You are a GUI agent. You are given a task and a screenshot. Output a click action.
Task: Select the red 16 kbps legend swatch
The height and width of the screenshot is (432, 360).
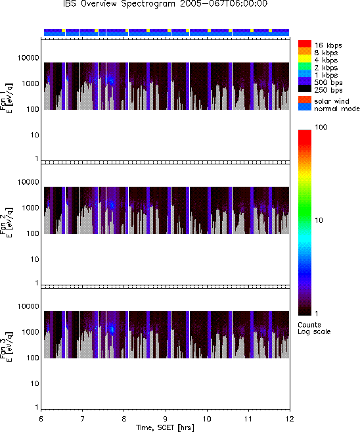click(x=305, y=44)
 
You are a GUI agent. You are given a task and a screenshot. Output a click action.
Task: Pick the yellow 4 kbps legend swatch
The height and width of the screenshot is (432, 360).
click(x=305, y=59)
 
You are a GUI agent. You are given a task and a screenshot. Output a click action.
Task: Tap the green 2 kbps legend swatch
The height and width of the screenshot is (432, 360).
click(x=305, y=66)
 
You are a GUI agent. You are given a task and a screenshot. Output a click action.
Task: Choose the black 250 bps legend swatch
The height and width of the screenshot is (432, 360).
click(x=305, y=89)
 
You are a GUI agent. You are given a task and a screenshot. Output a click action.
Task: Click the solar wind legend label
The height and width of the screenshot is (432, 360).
click(x=331, y=101)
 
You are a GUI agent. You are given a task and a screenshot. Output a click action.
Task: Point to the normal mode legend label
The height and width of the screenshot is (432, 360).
click(x=337, y=108)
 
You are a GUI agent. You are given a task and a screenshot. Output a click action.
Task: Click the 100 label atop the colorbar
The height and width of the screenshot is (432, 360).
click(x=321, y=127)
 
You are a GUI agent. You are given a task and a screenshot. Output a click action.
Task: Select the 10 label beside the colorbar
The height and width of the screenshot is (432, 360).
click(x=319, y=220)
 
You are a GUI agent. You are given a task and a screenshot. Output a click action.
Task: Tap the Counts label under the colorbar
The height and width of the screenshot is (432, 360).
click(x=309, y=325)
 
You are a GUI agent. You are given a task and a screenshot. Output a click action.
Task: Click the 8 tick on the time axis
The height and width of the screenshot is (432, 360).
click(x=124, y=419)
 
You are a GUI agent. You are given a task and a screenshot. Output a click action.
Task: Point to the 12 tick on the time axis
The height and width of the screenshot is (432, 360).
click(x=290, y=419)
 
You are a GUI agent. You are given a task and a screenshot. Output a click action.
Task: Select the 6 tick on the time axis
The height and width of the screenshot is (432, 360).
click(x=41, y=419)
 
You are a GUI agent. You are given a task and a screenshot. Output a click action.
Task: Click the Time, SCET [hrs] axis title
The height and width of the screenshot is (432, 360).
click(x=165, y=427)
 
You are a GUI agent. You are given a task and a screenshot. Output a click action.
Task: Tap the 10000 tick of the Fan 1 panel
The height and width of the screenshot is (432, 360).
click(x=28, y=58)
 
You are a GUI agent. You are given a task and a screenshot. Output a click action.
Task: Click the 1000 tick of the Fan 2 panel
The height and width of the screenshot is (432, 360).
click(x=30, y=208)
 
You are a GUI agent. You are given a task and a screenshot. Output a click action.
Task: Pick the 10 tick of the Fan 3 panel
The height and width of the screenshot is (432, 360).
click(x=35, y=383)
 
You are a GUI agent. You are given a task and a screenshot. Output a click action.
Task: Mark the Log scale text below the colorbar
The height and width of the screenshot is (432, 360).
click(x=314, y=331)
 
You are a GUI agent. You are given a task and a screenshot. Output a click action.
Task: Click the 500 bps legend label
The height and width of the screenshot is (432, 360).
click(x=328, y=82)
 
